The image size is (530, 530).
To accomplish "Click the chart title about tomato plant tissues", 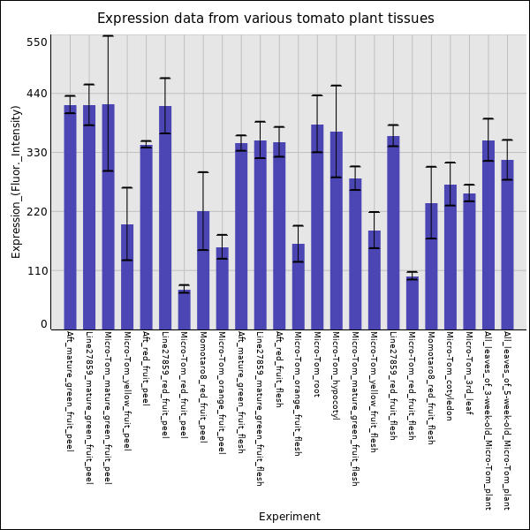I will (265, 19).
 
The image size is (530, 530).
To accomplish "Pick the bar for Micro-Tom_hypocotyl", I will (336, 231).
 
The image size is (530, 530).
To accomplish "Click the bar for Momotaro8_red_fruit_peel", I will (203, 270).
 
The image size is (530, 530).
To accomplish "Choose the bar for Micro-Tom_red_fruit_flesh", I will (413, 303).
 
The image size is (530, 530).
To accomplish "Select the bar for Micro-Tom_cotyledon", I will (450, 257).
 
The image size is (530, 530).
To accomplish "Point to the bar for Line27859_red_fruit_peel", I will (165, 217).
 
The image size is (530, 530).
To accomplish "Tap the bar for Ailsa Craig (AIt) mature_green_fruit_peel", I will (70, 217).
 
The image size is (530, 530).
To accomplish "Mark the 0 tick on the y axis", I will (42, 324).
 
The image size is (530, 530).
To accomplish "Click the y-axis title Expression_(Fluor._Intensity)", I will (16, 181).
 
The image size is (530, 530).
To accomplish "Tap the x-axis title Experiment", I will (290, 517).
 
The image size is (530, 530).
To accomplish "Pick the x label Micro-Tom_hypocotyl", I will (336, 375).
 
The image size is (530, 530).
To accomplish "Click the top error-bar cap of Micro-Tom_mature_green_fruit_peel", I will (108, 36).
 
